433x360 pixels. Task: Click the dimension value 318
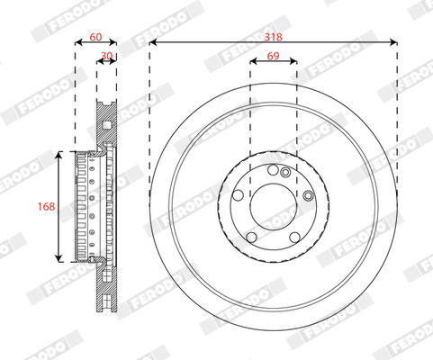pyautogui.click(x=273, y=37)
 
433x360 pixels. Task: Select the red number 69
pyautogui.click(x=273, y=56)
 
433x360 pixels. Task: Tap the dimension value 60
pyautogui.click(x=95, y=37)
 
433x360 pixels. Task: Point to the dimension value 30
pyautogui.click(x=106, y=56)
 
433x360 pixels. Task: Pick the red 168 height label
pyautogui.click(x=46, y=206)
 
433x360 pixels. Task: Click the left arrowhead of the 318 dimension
pyautogui.click(x=153, y=42)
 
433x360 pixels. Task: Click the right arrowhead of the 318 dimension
pyautogui.click(x=393, y=42)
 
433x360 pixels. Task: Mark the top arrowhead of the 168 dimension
pyautogui.click(x=59, y=155)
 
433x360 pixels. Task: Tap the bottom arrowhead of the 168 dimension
pyautogui.click(x=59, y=258)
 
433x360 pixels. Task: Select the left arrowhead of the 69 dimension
pyautogui.click(x=254, y=61)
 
